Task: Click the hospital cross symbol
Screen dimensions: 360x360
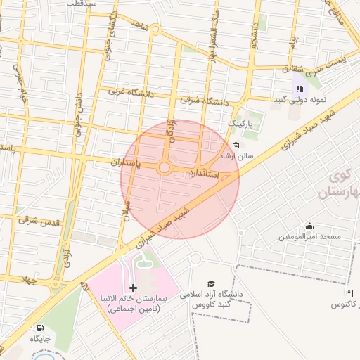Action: [x=134, y=288]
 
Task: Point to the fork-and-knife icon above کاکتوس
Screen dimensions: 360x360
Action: [x=349, y=292]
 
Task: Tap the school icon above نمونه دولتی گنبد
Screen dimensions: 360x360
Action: [x=300, y=89]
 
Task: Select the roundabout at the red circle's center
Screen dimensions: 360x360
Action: [x=165, y=167]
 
